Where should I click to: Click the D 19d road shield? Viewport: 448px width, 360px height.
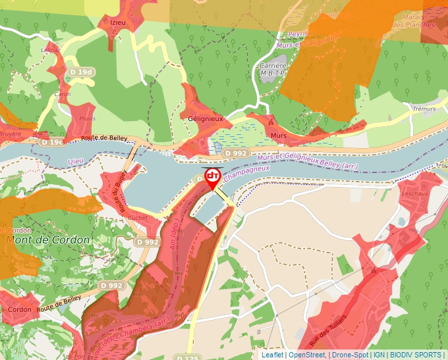[82, 72]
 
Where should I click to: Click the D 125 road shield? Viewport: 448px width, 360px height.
[187, 357]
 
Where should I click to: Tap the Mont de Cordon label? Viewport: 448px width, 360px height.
[47, 240]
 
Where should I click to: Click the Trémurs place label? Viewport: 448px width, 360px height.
[424, 109]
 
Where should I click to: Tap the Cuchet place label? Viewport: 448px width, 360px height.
[138, 218]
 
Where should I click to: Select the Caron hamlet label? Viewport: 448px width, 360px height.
[63, 95]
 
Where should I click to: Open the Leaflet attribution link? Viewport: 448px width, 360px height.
[273, 355]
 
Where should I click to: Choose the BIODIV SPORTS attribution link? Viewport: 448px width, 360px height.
[416, 355]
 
